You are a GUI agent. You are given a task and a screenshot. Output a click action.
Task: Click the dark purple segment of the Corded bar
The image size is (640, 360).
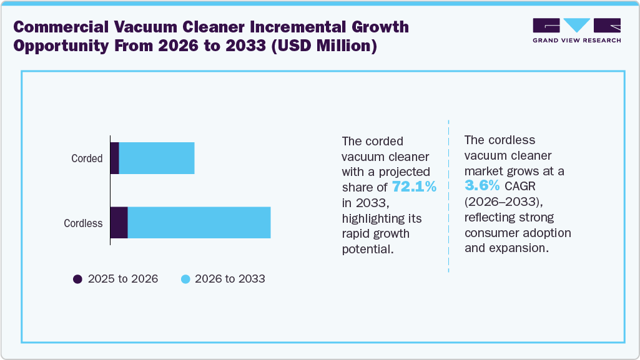(114, 158)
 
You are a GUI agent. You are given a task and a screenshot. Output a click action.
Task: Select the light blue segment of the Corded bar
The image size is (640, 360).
(157, 158)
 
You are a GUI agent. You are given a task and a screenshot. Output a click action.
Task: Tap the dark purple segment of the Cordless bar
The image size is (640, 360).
(119, 223)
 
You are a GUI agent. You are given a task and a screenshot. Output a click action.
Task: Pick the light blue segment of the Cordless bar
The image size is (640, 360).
(199, 223)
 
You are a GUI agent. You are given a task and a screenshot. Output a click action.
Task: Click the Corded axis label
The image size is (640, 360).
(87, 158)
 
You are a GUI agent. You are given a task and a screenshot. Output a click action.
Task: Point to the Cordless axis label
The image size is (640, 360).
(83, 223)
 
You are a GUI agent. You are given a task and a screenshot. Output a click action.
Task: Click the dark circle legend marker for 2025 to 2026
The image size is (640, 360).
(78, 279)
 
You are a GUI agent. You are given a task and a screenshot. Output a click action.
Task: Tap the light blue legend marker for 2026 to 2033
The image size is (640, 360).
(185, 279)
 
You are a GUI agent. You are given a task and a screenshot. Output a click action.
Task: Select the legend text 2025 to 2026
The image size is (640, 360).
(123, 279)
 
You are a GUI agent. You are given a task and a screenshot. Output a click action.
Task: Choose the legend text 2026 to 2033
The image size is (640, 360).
(230, 279)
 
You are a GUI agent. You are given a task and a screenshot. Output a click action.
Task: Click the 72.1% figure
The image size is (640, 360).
(414, 187)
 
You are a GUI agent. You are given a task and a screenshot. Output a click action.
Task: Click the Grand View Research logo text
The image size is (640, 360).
(576, 41)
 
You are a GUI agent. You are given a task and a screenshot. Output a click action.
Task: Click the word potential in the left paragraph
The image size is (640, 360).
(368, 249)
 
